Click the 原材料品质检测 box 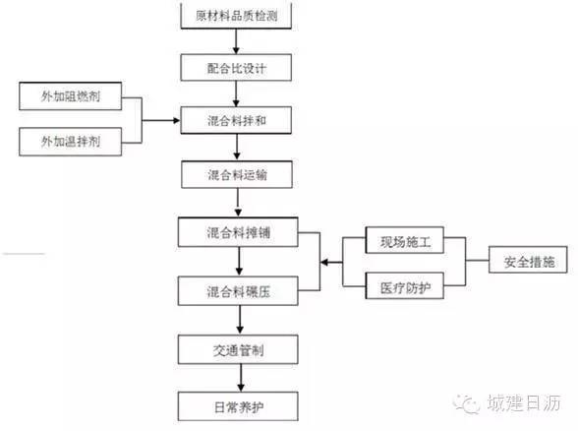236,15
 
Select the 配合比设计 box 236,68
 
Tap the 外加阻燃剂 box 71,96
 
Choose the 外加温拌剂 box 71,142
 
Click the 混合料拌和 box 236,120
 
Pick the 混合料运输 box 237,174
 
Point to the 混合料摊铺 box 238,232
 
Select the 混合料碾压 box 238,291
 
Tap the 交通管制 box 238,350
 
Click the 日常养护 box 238,406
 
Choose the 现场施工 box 405,240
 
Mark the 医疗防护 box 405,286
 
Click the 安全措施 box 528,260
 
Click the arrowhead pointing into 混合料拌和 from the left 177,120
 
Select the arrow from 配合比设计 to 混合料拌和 236,93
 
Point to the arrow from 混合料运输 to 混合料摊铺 238,203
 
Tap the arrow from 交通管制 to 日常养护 241,378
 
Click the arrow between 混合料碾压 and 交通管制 240,321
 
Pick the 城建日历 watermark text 524,402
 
